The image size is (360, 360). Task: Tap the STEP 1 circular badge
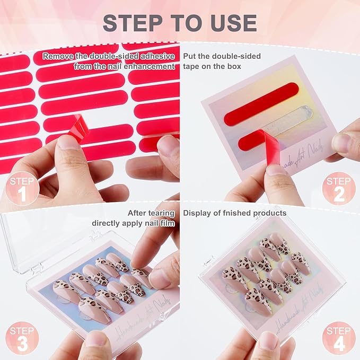(21, 189)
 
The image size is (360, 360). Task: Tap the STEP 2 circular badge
(338, 189)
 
